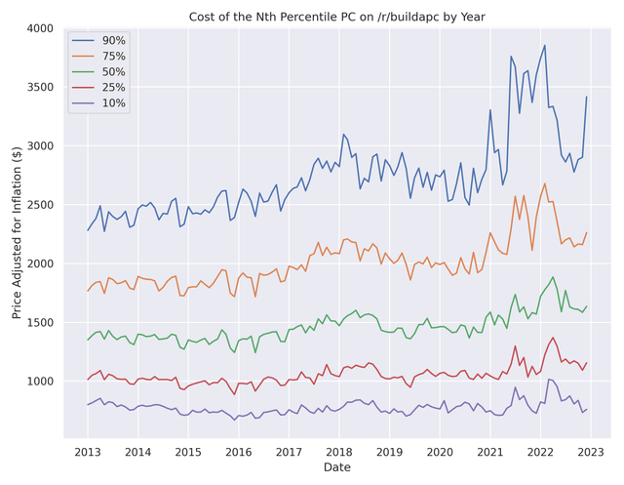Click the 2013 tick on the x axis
[88, 453]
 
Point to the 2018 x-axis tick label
[339, 453]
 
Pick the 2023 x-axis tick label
[591, 453]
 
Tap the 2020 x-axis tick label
[440, 453]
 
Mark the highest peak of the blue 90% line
[545, 45]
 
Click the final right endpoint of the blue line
[586, 97]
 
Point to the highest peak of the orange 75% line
[545, 183]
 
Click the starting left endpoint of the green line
[88, 340]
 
